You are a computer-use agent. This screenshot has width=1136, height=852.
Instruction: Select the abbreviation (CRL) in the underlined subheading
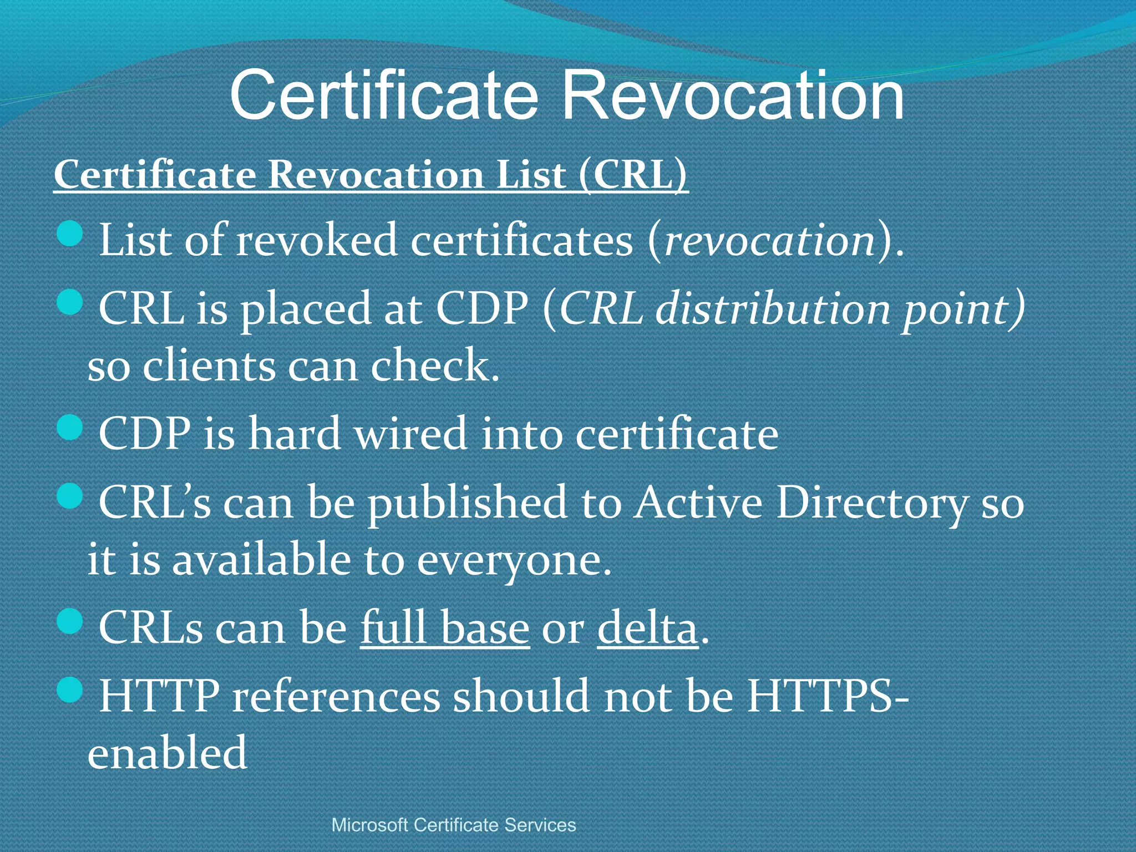632,175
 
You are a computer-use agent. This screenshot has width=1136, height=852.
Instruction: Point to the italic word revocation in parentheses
769,242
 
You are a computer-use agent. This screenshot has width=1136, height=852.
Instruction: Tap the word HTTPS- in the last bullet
826,696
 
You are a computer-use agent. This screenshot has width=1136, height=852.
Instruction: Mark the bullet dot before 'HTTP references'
70,690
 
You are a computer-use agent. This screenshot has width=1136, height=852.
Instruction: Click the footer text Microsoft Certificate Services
454,825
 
